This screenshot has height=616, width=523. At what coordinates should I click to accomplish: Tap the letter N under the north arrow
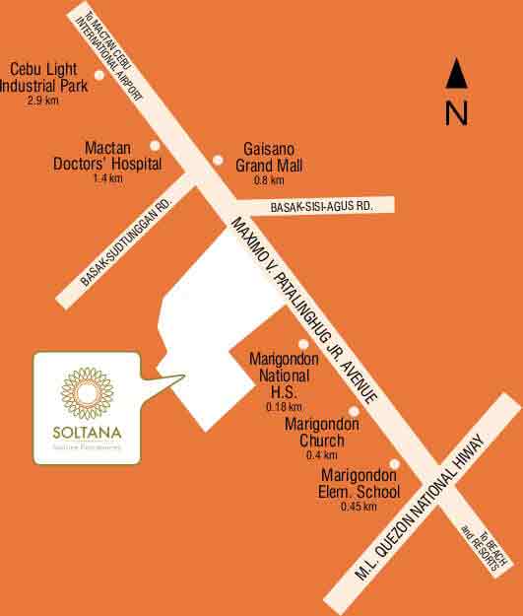pyautogui.click(x=455, y=113)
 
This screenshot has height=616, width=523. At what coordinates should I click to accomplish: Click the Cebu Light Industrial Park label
pyautogui.click(x=48, y=77)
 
